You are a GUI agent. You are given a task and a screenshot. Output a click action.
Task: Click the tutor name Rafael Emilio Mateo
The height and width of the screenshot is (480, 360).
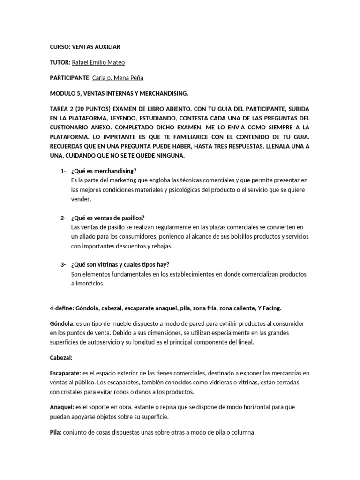pyautogui.click(x=98, y=62)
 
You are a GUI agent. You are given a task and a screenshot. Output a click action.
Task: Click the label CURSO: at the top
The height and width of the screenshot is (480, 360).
pyautogui.click(x=60, y=47)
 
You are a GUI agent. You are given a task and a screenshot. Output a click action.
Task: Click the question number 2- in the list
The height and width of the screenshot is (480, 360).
pyautogui.click(x=63, y=217)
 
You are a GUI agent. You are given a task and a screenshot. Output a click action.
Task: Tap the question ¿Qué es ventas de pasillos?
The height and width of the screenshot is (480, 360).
pyautogui.click(x=108, y=217)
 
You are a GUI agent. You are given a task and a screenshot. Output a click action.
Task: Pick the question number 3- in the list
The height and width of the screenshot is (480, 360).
pyautogui.click(x=63, y=264)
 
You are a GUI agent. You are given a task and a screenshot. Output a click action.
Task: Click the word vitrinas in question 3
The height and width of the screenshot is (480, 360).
pyautogui.click(x=106, y=264)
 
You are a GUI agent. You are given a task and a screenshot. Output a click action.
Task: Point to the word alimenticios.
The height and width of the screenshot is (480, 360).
pyautogui.click(x=87, y=284)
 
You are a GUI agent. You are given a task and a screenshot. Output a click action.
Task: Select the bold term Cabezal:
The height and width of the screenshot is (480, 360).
pyautogui.click(x=61, y=357)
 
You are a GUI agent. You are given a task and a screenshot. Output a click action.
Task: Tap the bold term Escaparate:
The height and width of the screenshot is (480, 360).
pyautogui.click(x=65, y=373)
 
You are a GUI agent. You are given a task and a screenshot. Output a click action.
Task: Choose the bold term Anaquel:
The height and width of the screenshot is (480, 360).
pyautogui.click(x=62, y=407)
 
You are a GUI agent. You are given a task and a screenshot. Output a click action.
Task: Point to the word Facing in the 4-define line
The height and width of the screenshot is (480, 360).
pyautogui.click(x=272, y=307)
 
